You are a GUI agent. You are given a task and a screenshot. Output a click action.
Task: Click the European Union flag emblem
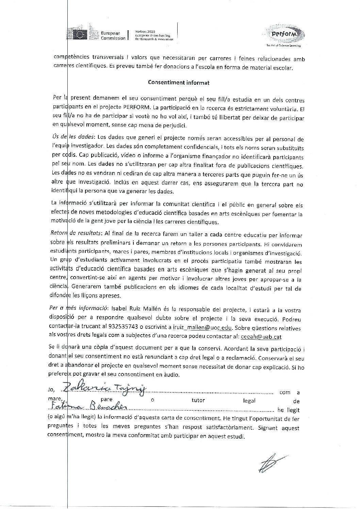pos(81,34)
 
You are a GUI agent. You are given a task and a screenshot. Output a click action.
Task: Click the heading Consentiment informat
pos(179,82)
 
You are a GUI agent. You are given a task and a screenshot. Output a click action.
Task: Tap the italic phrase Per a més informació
pos(78,310)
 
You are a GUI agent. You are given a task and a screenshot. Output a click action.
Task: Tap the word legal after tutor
pos(249,401)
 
